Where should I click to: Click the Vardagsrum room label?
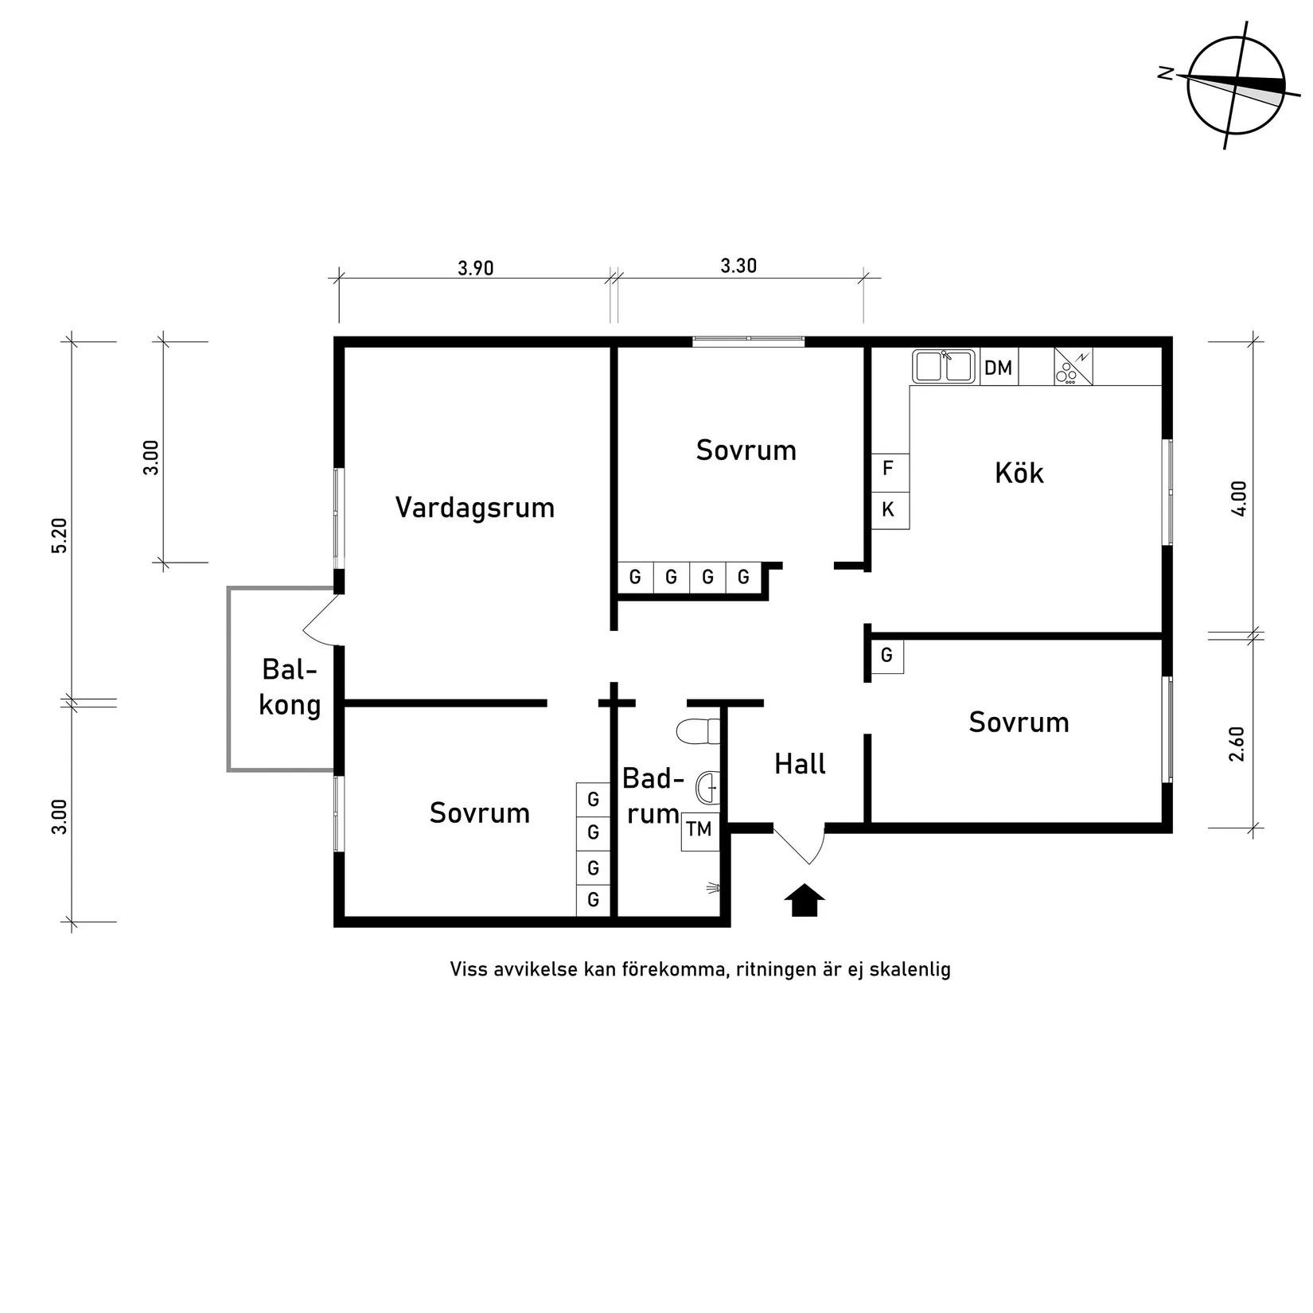(475, 508)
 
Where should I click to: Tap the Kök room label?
(1019, 473)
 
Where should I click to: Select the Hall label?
(800, 764)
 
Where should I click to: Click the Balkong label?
(290, 688)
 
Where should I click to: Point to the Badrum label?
(653, 795)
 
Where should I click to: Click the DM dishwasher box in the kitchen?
(998, 368)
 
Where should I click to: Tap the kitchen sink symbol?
(944, 367)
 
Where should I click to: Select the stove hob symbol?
(1073, 367)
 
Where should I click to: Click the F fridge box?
(889, 469)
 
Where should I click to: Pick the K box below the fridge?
(889, 509)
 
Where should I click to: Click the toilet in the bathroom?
(698, 731)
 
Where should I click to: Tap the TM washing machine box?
(699, 830)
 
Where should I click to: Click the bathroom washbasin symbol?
(707, 788)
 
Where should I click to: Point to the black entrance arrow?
(805, 900)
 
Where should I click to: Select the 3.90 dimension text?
(476, 268)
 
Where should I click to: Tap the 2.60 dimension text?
(1237, 744)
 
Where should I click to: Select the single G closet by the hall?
(886, 656)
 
